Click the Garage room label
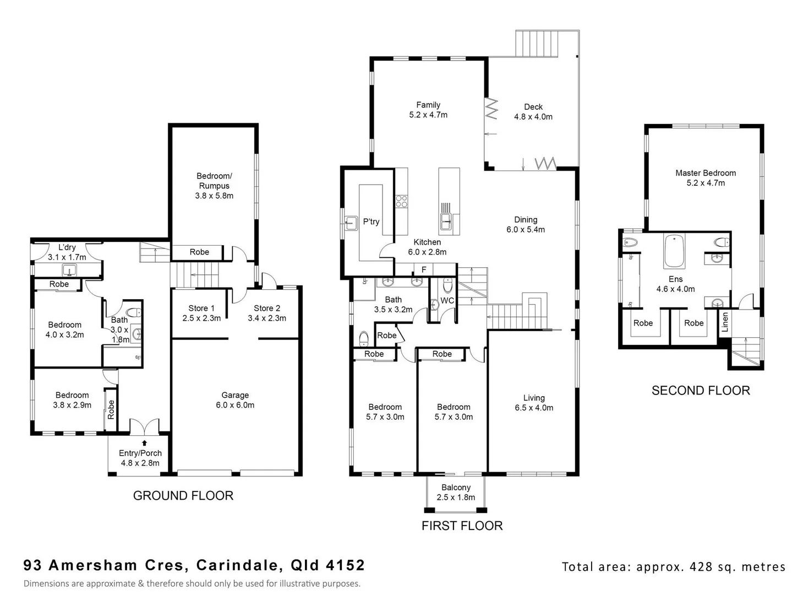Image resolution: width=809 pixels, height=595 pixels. point(235,395)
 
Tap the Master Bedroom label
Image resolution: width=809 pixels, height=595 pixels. point(706,173)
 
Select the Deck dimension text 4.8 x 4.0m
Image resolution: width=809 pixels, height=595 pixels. point(533,117)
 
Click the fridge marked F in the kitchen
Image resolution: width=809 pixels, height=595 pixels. point(424,269)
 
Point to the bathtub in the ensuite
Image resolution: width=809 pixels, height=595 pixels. point(674,251)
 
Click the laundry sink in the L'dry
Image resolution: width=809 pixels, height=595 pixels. point(69,270)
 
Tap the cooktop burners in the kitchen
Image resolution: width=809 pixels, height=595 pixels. point(402,201)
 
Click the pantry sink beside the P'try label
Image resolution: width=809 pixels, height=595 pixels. point(351,223)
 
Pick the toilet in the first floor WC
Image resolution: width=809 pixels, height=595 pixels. point(447,285)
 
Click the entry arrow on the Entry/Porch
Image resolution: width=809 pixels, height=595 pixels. point(144,442)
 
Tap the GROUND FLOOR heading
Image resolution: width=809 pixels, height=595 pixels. point(183,496)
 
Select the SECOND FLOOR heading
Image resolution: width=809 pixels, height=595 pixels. point(701,391)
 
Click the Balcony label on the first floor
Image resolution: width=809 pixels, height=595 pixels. point(456,488)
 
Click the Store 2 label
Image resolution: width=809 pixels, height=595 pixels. point(267,309)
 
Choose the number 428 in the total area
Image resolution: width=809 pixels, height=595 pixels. point(701,567)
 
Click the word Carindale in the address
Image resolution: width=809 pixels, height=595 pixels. point(237,565)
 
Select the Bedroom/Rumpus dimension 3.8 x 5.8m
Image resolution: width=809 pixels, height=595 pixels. point(214,196)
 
